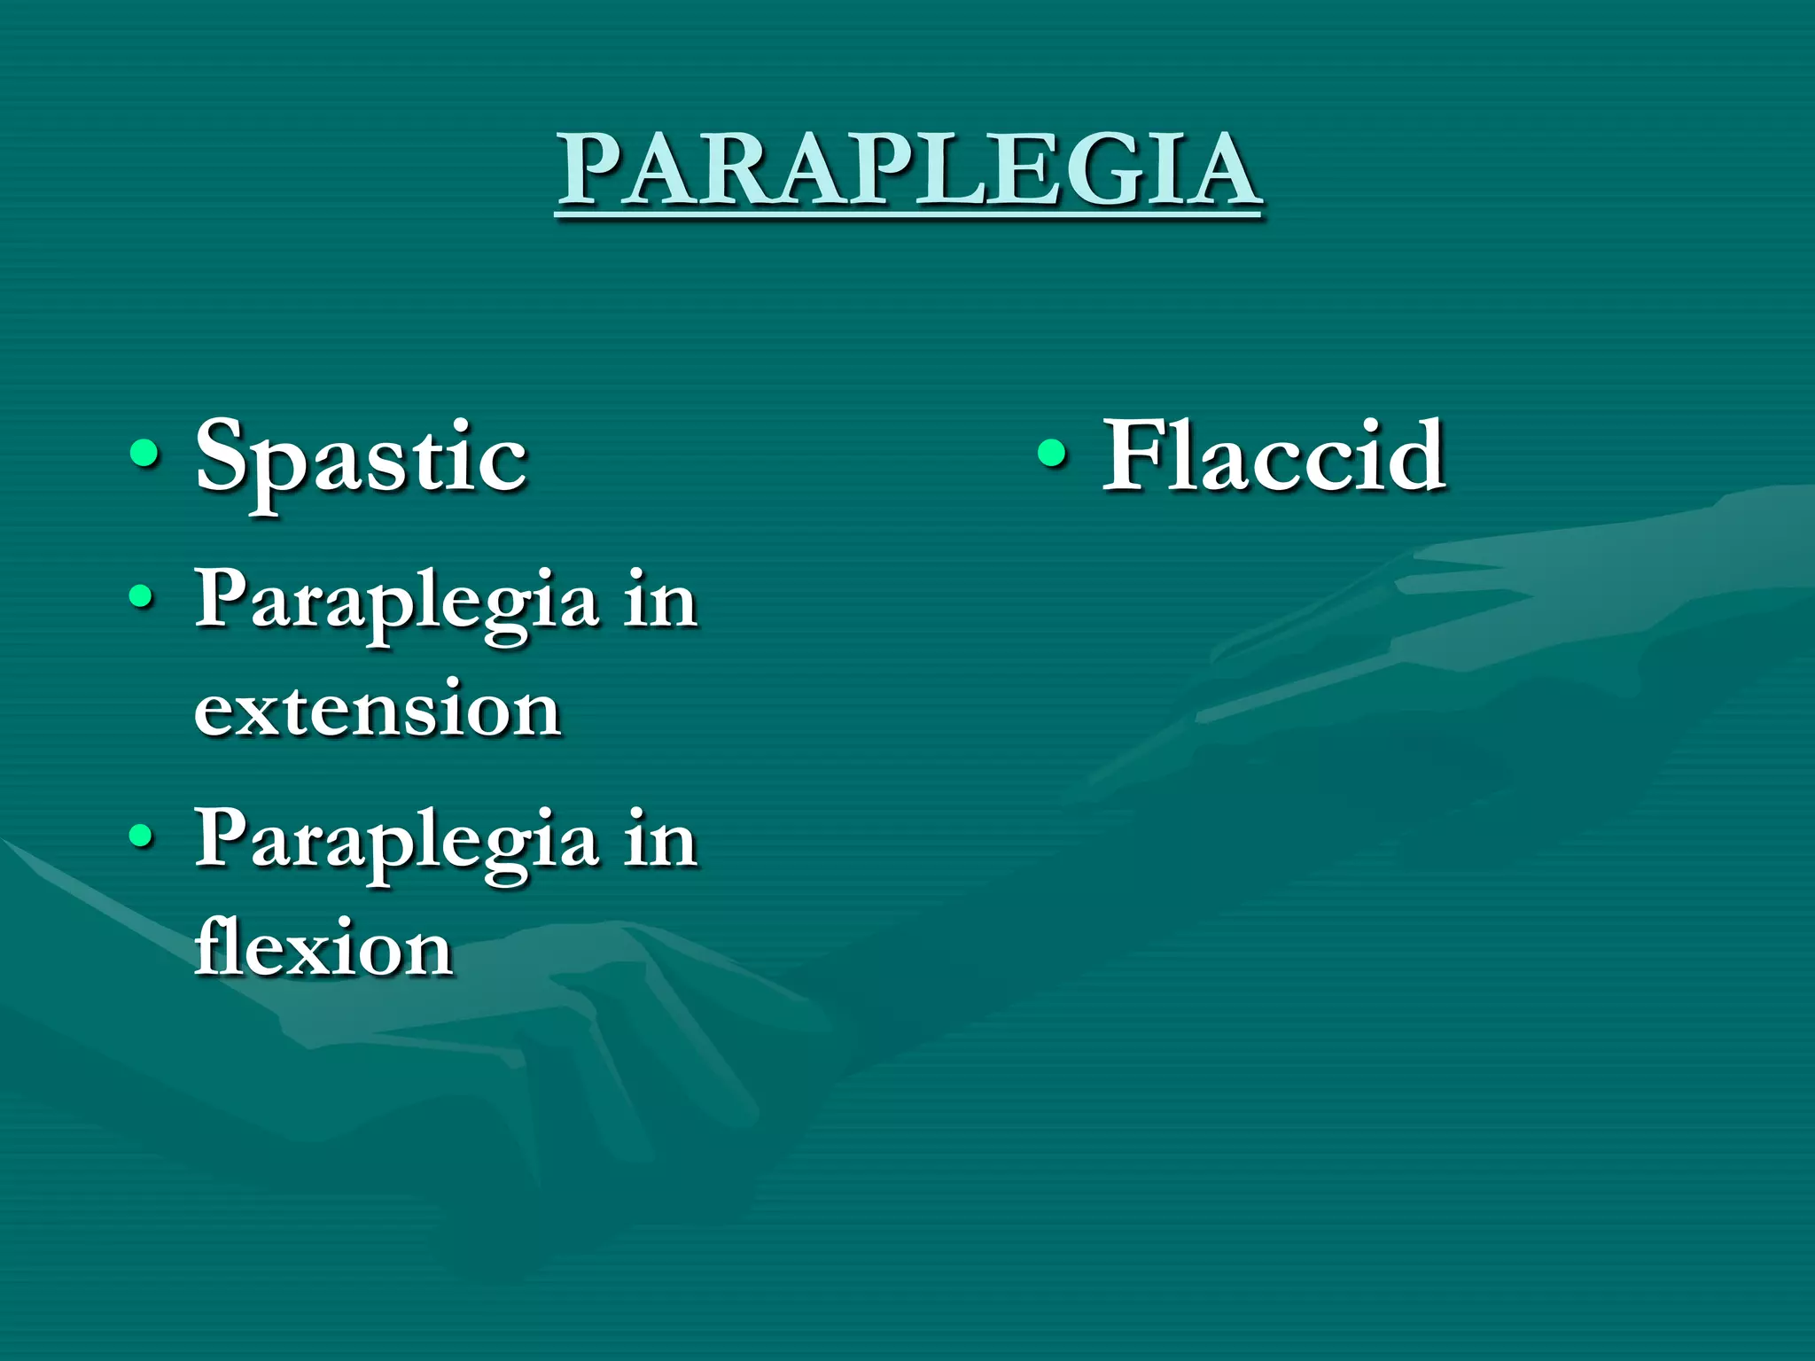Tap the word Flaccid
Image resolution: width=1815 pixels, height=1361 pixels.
click(x=1274, y=457)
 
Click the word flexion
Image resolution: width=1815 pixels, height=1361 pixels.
click(x=324, y=949)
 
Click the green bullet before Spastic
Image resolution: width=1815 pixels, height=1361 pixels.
click(x=144, y=455)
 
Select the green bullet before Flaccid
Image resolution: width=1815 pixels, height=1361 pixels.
click(x=1052, y=454)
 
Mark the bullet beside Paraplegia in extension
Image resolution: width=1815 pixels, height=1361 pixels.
click(x=141, y=596)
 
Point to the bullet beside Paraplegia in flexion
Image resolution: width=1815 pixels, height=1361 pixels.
click(x=141, y=835)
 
